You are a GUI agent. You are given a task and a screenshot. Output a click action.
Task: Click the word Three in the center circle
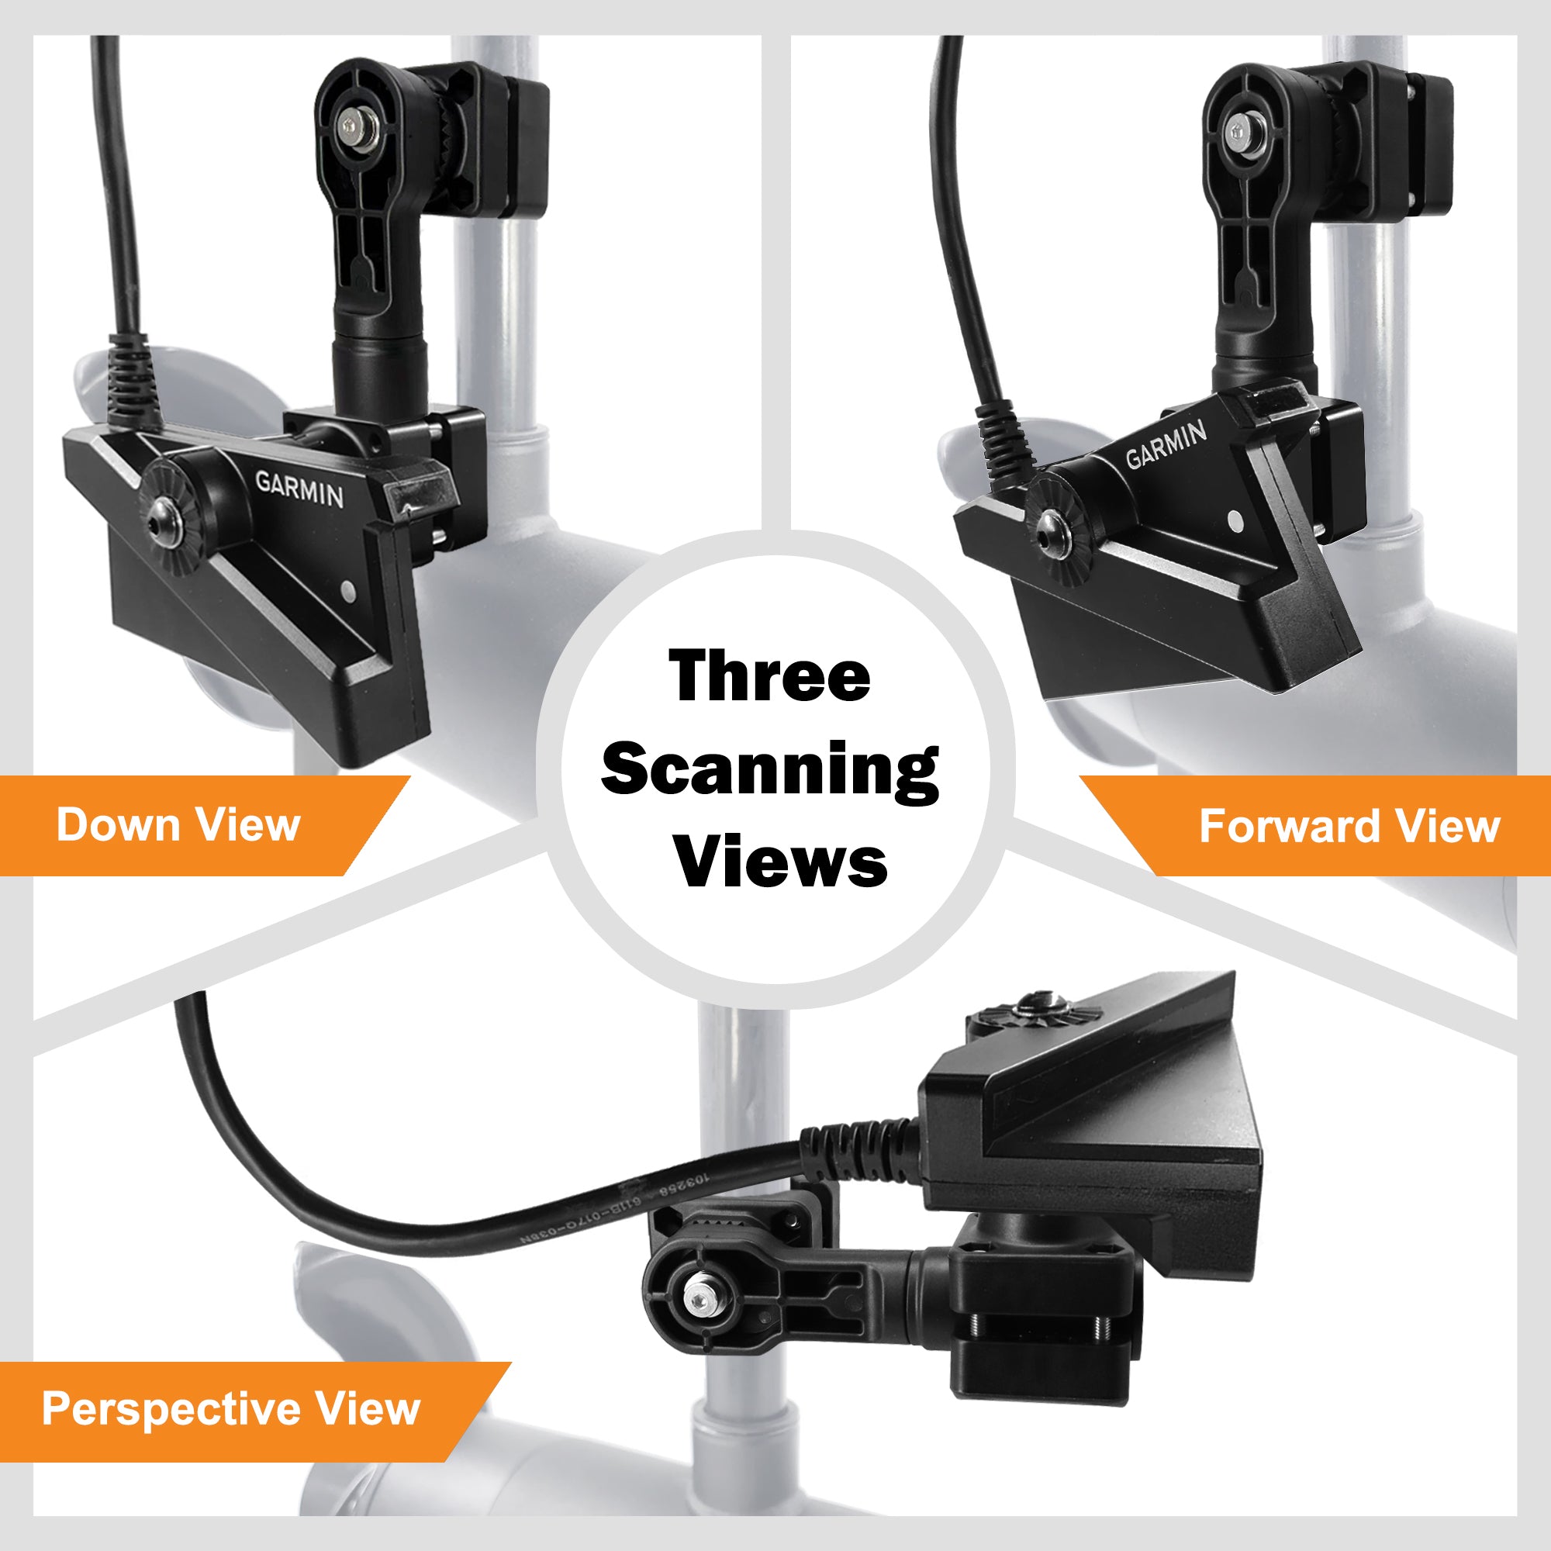click(x=769, y=676)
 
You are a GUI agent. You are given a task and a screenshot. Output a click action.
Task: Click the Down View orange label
click(x=178, y=824)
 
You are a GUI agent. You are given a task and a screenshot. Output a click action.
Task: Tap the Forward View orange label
click(x=1349, y=826)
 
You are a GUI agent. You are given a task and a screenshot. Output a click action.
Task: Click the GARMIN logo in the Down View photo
click(x=299, y=489)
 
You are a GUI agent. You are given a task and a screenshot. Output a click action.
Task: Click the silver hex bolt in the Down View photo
click(x=351, y=126)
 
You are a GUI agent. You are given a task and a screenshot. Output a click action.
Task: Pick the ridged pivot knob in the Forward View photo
click(x=1058, y=529)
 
